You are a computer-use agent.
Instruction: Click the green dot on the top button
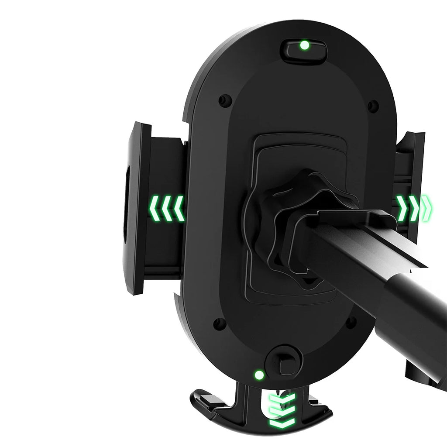tap(305, 45)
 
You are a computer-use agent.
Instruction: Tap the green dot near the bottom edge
tap(259, 375)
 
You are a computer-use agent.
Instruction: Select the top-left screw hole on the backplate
tap(225, 100)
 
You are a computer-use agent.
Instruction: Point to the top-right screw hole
tap(373, 106)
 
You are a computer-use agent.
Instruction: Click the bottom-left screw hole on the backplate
tap(220, 324)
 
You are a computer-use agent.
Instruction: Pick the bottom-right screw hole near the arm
tap(351, 323)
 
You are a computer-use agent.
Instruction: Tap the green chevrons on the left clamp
tap(167, 208)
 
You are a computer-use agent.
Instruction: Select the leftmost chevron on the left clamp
tap(155, 208)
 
